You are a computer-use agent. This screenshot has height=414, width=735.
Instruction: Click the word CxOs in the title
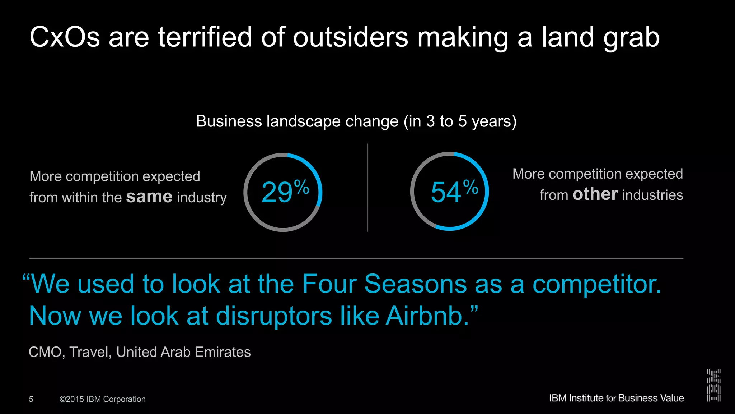point(65,37)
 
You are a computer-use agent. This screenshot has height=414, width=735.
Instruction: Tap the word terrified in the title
point(205,37)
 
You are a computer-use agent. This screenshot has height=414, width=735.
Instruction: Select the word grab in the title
point(631,38)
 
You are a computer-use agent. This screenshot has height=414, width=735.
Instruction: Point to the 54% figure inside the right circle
point(454,192)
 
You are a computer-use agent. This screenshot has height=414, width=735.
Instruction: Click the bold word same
point(149,197)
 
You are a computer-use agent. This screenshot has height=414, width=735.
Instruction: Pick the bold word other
point(595,194)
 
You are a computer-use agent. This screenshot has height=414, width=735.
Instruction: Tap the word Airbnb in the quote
point(427,316)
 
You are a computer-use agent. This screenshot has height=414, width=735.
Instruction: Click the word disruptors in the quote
point(274,316)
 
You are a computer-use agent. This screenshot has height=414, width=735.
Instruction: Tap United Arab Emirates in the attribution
point(183,352)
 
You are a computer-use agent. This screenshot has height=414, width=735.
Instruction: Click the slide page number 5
point(31,399)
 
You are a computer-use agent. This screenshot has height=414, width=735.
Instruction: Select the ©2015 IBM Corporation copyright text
point(103,399)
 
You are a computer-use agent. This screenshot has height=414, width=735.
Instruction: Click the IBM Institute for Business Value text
point(616,398)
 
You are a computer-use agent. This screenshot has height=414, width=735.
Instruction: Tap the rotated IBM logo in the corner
point(713,385)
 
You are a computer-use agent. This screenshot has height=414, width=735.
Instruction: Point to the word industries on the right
point(652,195)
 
